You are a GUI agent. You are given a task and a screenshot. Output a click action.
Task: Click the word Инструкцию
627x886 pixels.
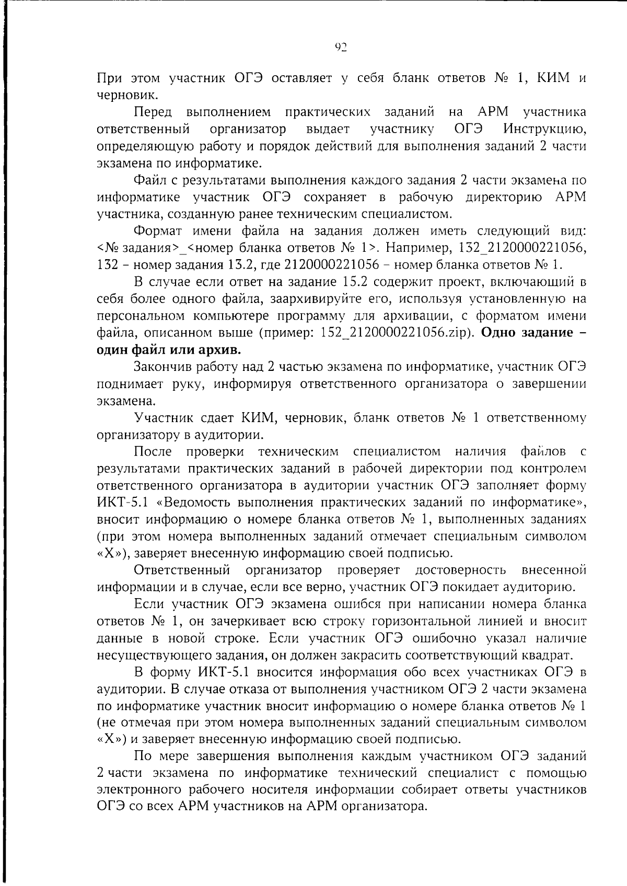coord(545,129)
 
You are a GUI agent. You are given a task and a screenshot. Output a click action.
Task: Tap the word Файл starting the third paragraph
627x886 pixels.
coord(150,180)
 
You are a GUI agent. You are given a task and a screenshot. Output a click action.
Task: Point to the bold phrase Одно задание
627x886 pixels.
coord(528,333)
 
